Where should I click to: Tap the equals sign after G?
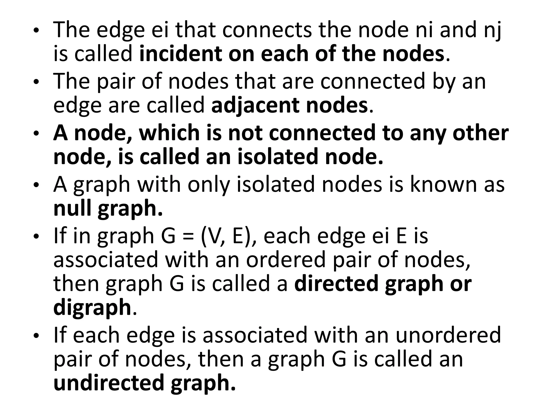click(188, 236)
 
